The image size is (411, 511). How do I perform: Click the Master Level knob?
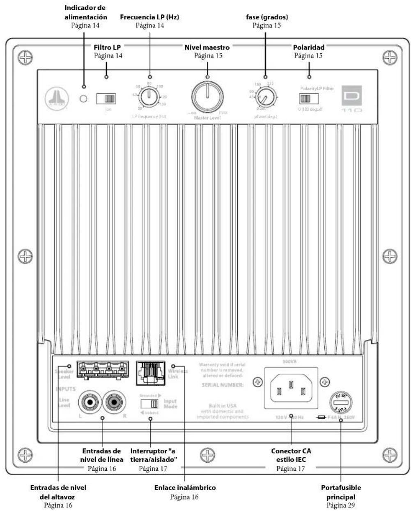[207, 97]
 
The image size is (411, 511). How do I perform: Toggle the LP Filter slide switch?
[106, 99]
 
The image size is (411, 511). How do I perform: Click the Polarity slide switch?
[309, 99]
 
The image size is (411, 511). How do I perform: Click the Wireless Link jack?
[150, 373]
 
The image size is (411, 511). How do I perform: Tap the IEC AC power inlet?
[291, 388]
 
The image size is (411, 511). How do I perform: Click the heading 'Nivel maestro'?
[207, 47]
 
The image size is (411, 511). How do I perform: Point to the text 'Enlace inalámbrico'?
[185, 488]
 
